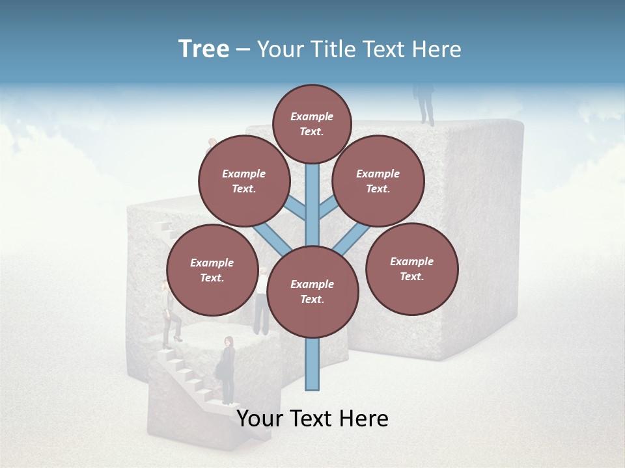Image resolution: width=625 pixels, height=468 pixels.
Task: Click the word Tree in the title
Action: pyautogui.click(x=204, y=49)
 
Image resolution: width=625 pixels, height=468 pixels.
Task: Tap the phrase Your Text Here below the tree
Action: pyautogui.click(x=312, y=419)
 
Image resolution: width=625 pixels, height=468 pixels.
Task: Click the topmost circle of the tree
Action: pyautogui.click(x=312, y=123)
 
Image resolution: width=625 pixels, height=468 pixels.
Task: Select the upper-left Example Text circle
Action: pyautogui.click(x=243, y=181)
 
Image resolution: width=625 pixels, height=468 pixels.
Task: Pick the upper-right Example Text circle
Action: pyautogui.click(x=378, y=181)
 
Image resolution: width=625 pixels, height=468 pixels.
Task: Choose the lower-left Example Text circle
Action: pyautogui.click(x=212, y=270)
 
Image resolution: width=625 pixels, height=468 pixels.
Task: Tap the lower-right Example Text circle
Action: pyautogui.click(x=411, y=268)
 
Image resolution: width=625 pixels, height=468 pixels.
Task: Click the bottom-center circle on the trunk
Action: pyautogui.click(x=312, y=292)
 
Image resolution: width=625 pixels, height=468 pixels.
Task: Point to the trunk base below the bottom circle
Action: pyautogui.click(x=312, y=364)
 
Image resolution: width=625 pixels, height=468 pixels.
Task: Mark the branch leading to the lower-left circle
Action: pyautogui.click(x=272, y=239)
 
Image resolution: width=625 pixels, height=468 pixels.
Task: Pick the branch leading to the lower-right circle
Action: pyautogui.click(x=352, y=239)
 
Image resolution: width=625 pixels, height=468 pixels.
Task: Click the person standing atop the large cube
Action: pyautogui.click(x=426, y=103)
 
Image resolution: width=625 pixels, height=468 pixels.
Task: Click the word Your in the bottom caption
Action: pyautogui.click(x=260, y=419)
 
